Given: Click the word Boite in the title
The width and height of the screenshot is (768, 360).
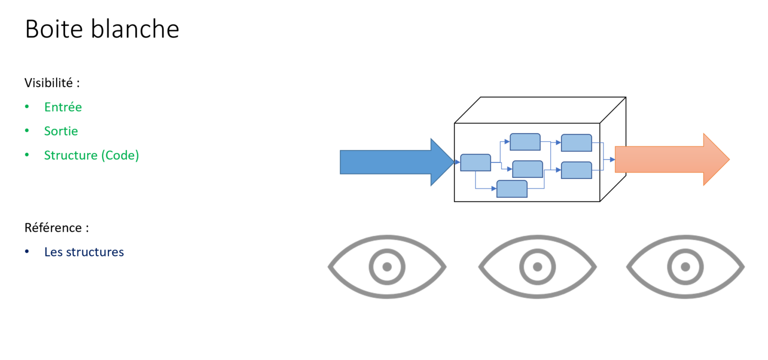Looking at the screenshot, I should pos(53,29).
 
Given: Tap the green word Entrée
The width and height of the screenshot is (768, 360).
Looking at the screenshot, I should pos(63,107).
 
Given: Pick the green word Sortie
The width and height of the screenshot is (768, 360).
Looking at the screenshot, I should pos(61,131).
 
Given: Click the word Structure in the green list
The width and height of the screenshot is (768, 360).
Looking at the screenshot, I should pos(70,155).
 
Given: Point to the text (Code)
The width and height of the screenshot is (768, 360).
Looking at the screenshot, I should pos(120,155).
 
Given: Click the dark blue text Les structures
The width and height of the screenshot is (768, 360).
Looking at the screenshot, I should pos(84,251).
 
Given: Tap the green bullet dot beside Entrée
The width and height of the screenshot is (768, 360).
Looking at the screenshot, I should pos(27,107).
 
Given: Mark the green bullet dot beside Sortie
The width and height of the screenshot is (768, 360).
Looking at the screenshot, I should pos(27,131).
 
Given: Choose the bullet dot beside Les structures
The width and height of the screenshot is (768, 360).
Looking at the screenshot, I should pos(27,251).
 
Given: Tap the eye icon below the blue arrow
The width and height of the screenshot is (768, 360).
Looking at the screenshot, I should pos(386,266).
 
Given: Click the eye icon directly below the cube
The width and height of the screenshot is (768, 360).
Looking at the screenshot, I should pos(537,266).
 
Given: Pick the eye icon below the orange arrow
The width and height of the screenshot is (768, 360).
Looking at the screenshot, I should pos(685,266).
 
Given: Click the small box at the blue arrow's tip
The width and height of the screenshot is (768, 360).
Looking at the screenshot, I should pos(475,162).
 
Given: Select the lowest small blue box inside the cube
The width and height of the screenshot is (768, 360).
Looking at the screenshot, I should pos(511,189).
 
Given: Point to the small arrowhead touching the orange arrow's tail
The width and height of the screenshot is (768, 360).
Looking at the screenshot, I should pos(612,159).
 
